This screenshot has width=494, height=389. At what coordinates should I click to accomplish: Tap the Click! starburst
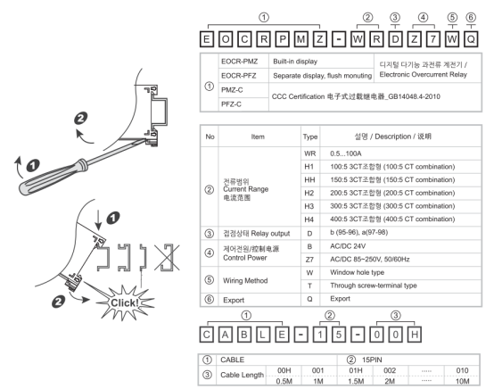125,302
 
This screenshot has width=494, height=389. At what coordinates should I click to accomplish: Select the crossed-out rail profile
168,257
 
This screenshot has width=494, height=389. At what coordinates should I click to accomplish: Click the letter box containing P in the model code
283,39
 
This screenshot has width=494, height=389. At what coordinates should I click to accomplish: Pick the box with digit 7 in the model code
433,39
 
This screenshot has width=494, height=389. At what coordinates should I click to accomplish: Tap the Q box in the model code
471,39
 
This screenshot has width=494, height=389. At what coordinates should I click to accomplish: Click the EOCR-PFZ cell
239,76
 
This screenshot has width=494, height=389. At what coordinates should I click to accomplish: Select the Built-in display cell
295,62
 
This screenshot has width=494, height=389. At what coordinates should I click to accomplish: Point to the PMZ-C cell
232,90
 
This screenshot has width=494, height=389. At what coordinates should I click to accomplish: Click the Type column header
310,137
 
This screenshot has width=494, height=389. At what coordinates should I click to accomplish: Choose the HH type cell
309,179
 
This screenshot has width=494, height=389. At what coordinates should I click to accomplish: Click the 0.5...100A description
346,153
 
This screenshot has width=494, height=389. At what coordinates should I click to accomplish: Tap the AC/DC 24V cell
348,246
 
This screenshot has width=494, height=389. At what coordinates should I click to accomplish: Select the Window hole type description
357,272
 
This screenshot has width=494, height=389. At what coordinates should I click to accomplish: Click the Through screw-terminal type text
374,286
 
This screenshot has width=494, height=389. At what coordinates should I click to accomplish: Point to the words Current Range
246,189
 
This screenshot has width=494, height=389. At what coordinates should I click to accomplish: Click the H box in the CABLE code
415,335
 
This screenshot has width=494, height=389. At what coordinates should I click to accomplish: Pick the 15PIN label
372,360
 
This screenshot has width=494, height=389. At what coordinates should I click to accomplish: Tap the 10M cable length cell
462,381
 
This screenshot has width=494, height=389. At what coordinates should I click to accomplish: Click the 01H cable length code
356,370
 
